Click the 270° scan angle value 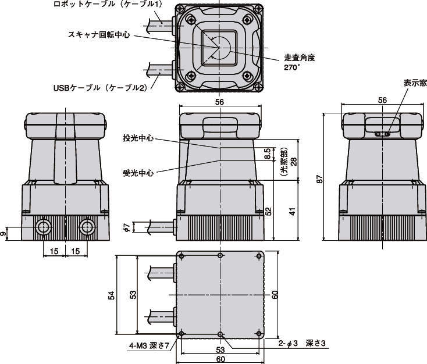coord(291,67)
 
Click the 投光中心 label coord(138,138)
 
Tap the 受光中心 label coord(138,173)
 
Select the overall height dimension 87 coord(319,181)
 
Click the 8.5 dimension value coord(267,154)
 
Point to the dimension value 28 coord(294,161)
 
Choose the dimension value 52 coord(268,210)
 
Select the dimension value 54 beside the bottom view coord(111,295)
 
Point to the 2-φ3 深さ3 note coord(304,344)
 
